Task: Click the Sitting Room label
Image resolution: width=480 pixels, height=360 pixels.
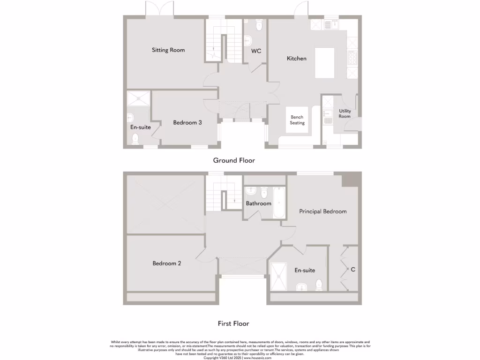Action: tap(168, 50)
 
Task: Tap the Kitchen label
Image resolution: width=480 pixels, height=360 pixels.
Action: tap(297, 59)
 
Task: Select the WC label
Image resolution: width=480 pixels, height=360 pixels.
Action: tap(256, 51)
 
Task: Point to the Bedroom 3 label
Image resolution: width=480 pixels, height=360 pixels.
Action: tap(187, 123)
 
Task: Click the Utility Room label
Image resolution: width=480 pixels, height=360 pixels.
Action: tap(345, 113)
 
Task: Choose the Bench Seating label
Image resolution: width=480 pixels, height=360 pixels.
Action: tap(297, 120)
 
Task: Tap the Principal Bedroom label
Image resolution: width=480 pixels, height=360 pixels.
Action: tap(323, 211)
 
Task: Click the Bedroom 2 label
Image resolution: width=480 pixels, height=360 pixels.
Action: tap(167, 263)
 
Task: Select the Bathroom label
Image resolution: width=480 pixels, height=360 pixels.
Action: tap(259, 203)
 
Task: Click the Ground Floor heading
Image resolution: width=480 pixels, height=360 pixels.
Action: tap(234, 160)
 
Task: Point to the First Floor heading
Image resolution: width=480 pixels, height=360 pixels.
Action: tap(233, 323)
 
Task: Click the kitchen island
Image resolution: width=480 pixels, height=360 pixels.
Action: tap(324, 63)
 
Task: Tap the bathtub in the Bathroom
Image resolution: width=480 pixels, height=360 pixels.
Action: tap(279, 202)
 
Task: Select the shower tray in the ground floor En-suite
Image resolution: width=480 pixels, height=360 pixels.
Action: tap(139, 98)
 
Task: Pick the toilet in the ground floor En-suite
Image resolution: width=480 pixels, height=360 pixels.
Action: tap(135, 138)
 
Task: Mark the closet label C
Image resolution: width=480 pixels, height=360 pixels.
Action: tap(353, 270)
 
